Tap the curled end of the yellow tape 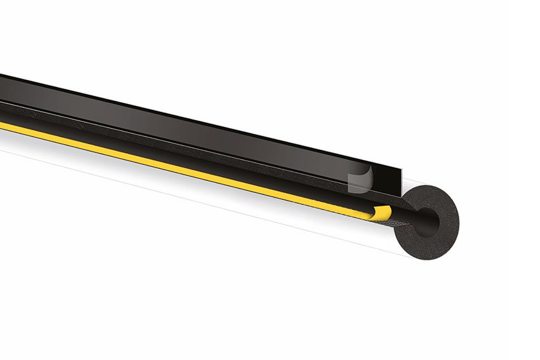[x=381, y=213]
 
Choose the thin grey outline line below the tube [x=191, y=199]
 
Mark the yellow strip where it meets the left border [x=3, y=125]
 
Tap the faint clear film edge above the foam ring [x=413, y=180]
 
